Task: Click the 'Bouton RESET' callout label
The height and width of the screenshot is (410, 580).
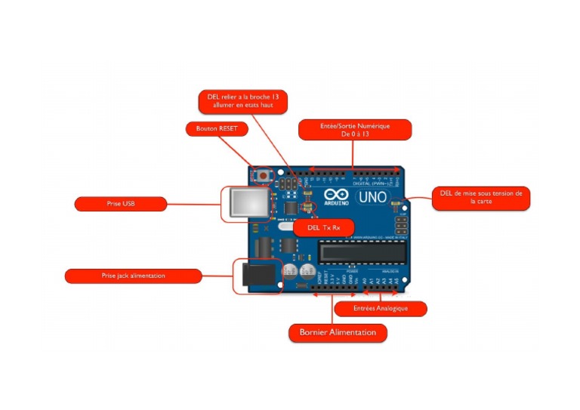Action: click(217, 129)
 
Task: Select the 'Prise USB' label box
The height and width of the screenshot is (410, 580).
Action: click(120, 204)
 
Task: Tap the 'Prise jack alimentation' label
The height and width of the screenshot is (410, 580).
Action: click(133, 276)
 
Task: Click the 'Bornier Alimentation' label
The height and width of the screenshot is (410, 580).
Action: click(338, 332)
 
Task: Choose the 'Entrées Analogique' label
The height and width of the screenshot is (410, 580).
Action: click(381, 309)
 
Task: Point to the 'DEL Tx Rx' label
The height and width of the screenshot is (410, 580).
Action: click(322, 227)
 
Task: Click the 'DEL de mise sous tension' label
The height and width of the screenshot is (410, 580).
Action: click(481, 198)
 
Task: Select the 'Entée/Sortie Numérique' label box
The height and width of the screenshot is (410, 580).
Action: click(355, 130)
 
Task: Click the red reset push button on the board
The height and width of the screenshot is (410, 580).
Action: click(264, 175)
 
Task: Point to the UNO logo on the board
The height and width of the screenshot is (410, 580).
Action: click(372, 197)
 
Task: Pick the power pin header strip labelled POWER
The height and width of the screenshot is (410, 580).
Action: click(332, 289)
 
